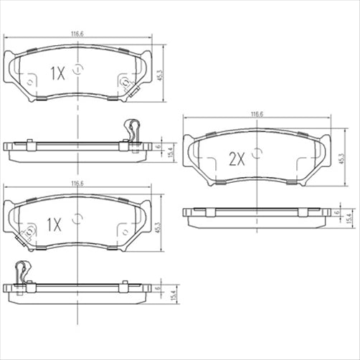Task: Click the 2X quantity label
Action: pyautogui.click(x=237, y=159)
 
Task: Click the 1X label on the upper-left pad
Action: pyautogui.click(x=58, y=72)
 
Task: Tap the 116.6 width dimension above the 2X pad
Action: pyautogui.click(x=257, y=114)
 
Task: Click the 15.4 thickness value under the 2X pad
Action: pyautogui.click(x=349, y=218)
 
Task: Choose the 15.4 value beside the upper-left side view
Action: pyautogui.click(x=170, y=151)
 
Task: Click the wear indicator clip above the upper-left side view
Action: pyautogui.click(x=132, y=129)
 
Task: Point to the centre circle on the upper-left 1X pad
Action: pyautogui.click(x=77, y=70)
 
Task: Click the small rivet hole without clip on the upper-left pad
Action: pyautogui.click(x=29, y=82)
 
